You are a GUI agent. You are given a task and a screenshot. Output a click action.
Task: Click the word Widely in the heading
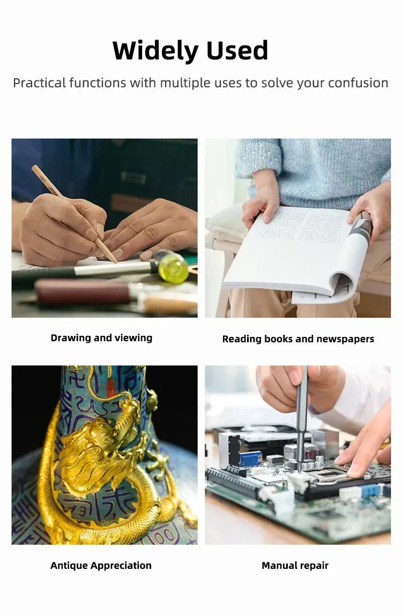(x=155, y=51)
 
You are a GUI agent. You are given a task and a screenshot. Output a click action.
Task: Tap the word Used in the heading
(x=237, y=50)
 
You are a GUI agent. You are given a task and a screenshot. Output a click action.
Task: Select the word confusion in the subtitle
(x=358, y=83)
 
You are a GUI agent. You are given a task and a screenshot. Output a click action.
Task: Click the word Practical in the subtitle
(x=39, y=83)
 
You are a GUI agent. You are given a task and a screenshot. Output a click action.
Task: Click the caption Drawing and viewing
(x=101, y=338)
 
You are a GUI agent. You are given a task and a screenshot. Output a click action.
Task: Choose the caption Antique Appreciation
(x=101, y=565)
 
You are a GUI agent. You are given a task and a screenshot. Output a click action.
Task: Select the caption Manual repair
(x=295, y=565)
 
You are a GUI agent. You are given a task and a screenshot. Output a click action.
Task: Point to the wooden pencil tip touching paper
(x=116, y=261)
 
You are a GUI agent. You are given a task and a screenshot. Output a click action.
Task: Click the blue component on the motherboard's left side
(x=251, y=459)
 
